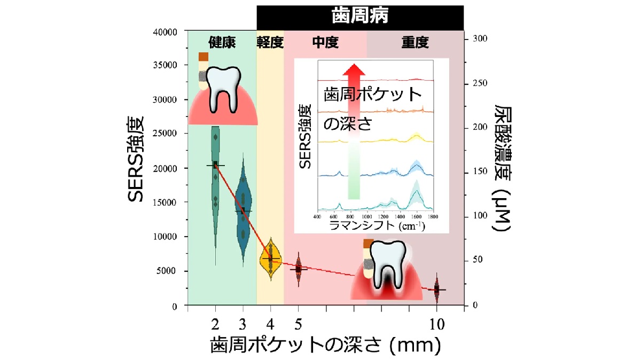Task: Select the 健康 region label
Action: tap(222, 43)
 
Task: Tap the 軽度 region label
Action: tap(270, 43)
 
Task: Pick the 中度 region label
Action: tap(325, 43)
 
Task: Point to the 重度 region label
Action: tap(415, 43)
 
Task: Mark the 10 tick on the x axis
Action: tap(436, 325)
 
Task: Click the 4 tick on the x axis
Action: tap(270, 325)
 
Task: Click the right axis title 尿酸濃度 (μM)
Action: tap(503, 168)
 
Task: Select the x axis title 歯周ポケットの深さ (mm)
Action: tap(325, 346)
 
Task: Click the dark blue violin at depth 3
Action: tap(243, 211)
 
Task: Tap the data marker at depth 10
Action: tap(436, 289)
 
